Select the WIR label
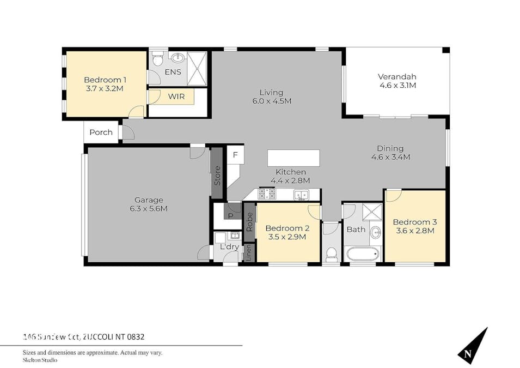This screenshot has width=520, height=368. click(176, 97)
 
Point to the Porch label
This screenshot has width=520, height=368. click(101, 132)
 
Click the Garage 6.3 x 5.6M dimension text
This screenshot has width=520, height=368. click(149, 209)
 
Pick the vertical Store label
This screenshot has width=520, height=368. click(217, 175)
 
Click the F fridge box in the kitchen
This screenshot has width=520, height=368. click(235, 155)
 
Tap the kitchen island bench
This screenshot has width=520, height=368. click(293, 158)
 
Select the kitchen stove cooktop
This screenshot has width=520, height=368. click(266, 194)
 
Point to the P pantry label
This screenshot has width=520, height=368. click(231, 216)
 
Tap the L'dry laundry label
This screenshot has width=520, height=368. click(229, 247)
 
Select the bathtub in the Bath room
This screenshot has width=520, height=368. click(362, 254)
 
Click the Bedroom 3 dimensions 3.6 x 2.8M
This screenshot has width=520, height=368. click(415, 231)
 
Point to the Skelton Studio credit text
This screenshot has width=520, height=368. click(40, 360)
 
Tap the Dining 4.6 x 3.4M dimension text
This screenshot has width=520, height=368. click(390, 157)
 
